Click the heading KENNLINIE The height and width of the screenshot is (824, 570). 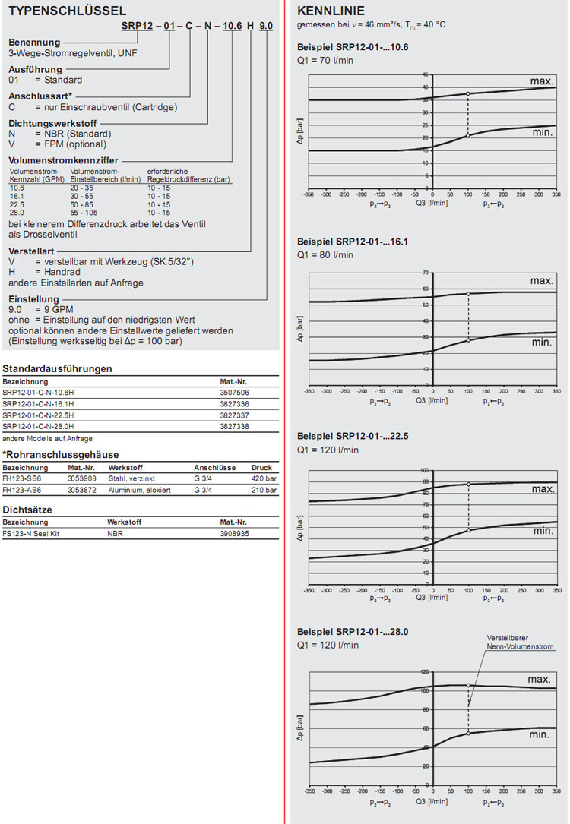pyautogui.click(x=331, y=11)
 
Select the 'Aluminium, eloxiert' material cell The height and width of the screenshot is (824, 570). pyautogui.click(x=139, y=490)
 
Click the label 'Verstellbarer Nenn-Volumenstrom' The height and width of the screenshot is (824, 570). pyautogui.click(x=520, y=642)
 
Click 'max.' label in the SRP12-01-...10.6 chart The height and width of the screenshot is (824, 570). pyautogui.click(x=540, y=81)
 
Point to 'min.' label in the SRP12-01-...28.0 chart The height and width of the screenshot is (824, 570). pyautogui.click(x=540, y=734)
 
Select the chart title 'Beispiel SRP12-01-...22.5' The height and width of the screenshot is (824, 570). pyautogui.click(x=353, y=437)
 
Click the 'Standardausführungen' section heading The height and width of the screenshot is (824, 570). pyautogui.click(x=58, y=369)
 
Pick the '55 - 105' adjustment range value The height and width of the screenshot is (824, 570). pyautogui.click(x=84, y=213)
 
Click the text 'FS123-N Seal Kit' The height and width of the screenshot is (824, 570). pyautogui.click(x=31, y=534)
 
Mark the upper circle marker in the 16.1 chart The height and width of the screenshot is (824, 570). pyautogui.click(x=468, y=293)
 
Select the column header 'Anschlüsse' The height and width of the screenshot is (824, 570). pyautogui.click(x=215, y=468)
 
